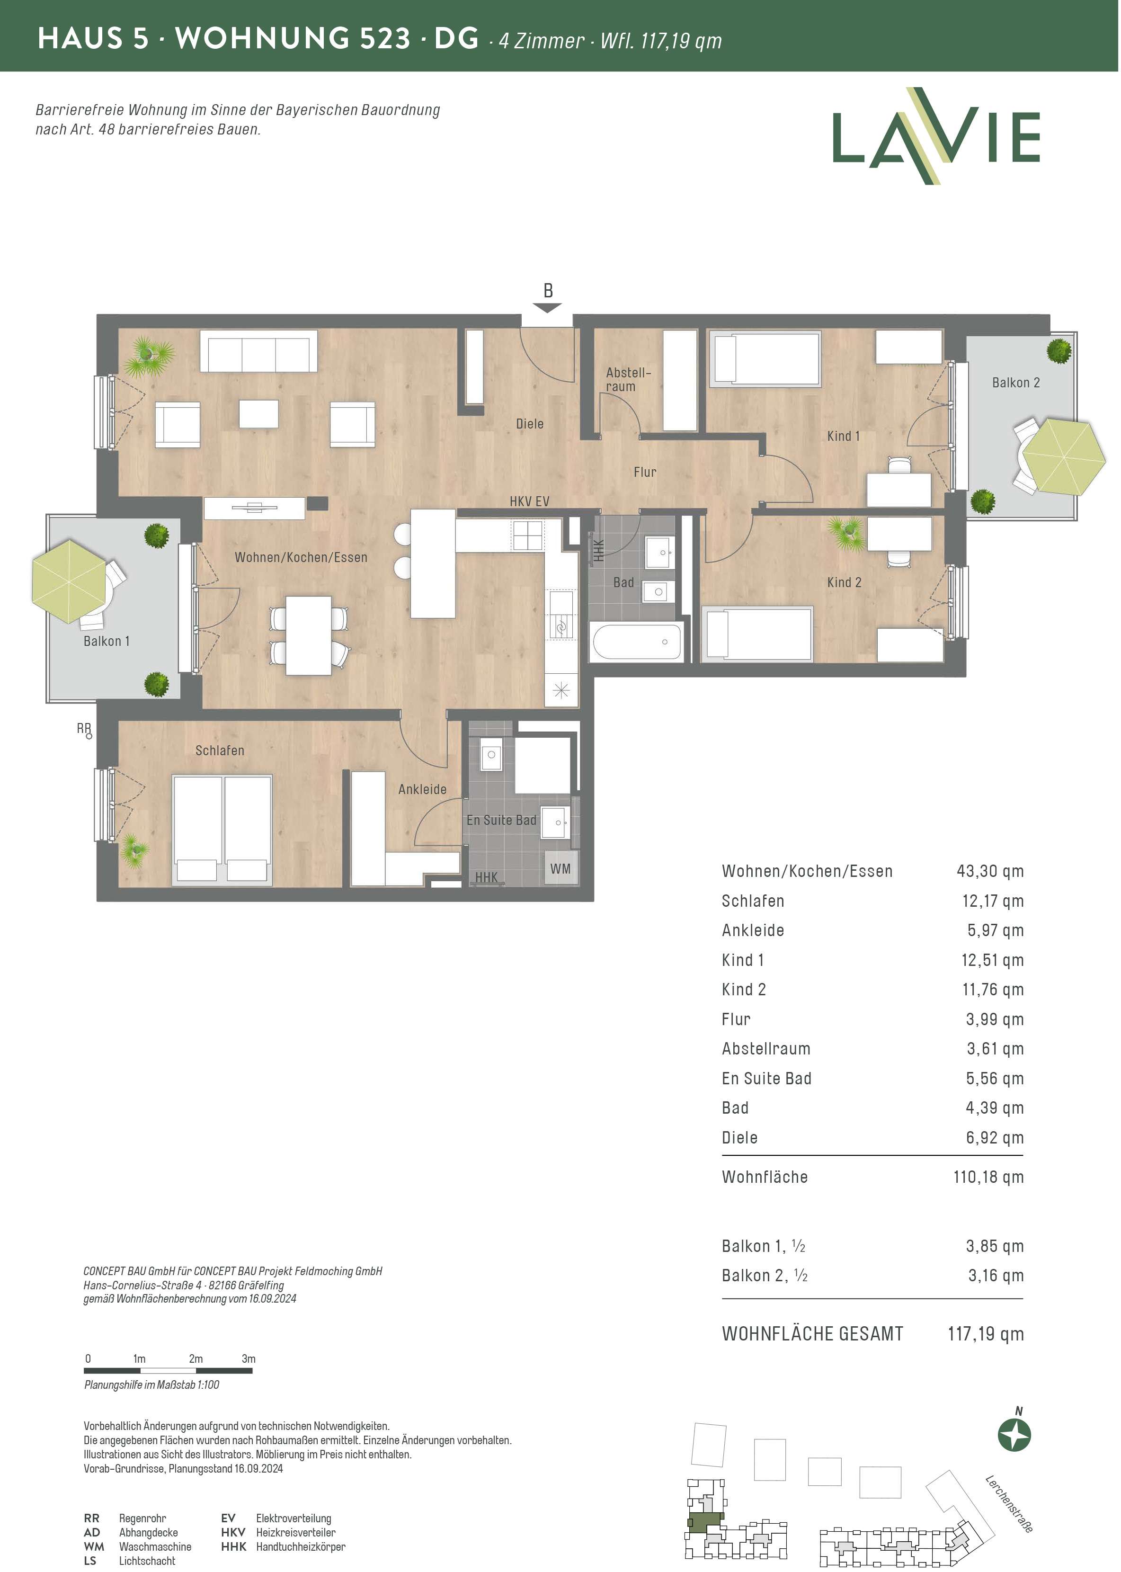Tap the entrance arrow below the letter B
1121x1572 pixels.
click(547, 308)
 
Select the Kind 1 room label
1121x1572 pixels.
click(844, 436)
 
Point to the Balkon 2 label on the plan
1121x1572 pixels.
click(1015, 383)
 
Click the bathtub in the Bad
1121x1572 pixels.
click(636, 642)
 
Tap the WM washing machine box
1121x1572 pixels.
click(560, 868)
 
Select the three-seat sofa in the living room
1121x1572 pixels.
click(259, 351)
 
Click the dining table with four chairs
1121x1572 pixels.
click(309, 635)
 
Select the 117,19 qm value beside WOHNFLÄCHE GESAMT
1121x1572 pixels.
click(986, 1334)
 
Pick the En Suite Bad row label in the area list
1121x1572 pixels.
click(766, 1078)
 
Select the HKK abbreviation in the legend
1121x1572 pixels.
click(233, 1546)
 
